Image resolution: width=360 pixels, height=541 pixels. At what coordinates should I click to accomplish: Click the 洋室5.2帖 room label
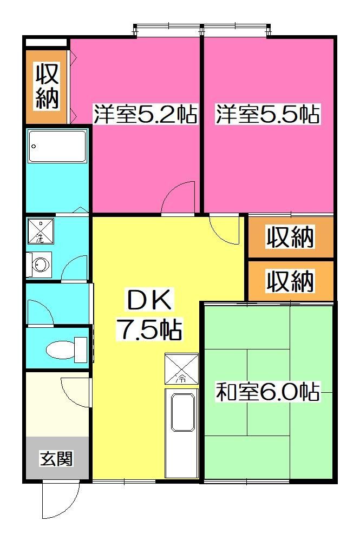pyautogui.click(x=145, y=115)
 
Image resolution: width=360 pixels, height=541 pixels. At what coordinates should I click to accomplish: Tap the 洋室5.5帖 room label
pyautogui.click(x=267, y=115)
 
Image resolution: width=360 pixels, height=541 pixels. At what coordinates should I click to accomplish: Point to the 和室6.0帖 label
pyautogui.click(x=267, y=391)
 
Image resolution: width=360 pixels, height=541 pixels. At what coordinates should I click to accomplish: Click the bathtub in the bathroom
pyautogui.click(x=57, y=147)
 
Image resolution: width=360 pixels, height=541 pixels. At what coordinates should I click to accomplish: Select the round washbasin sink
pyautogui.click(x=40, y=265)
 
